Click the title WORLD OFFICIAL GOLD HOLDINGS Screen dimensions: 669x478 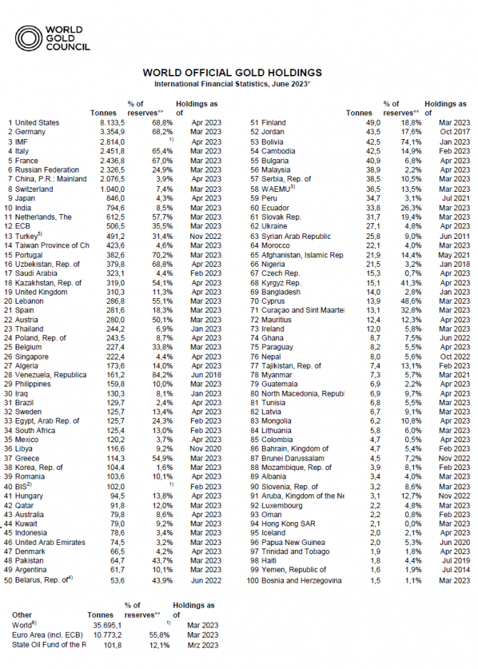[232, 73]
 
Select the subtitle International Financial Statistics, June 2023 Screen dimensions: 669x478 [232, 84]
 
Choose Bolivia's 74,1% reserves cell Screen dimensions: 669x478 [405, 141]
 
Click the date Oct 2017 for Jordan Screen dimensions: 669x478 [455, 132]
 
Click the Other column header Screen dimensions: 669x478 [22, 614]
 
